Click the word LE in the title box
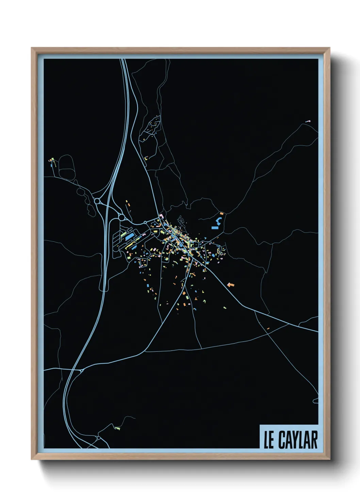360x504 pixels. point(269,440)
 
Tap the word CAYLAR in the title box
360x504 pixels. point(298,440)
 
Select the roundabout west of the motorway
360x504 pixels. point(98,201)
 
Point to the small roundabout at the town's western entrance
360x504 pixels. point(145,222)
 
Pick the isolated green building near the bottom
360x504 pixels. point(117,428)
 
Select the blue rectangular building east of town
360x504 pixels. point(215,227)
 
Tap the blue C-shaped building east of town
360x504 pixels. point(219,219)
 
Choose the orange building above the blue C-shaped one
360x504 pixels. point(222,214)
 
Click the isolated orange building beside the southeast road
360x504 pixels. point(231,284)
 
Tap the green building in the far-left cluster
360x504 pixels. point(50,160)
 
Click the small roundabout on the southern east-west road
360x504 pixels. point(82,370)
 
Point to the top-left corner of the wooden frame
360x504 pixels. point(32,48)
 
